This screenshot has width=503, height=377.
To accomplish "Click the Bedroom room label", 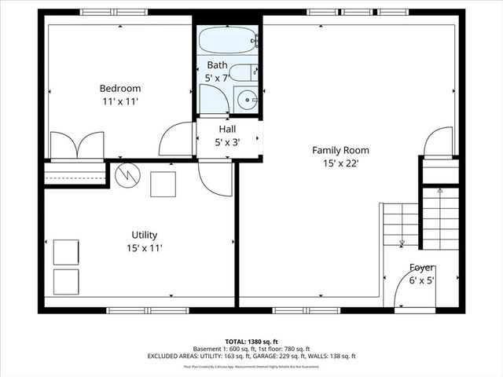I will tap(119, 88).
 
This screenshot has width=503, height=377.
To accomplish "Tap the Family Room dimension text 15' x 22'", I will tap(340, 163).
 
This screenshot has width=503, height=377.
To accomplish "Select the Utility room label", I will tap(145, 235).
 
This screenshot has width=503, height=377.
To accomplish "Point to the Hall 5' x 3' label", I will tap(227, 136).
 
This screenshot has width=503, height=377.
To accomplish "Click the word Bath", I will tap(218, 64).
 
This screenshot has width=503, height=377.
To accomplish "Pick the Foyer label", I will tap(422, 267).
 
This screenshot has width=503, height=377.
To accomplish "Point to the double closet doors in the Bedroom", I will tap(76, 146).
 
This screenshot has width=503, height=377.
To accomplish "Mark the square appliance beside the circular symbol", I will tap(164, 184).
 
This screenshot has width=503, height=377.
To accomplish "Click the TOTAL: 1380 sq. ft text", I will tap(251, 342).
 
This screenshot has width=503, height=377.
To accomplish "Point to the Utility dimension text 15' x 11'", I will tap(145, 248).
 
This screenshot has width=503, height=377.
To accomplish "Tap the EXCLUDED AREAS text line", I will tap(251, 356).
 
